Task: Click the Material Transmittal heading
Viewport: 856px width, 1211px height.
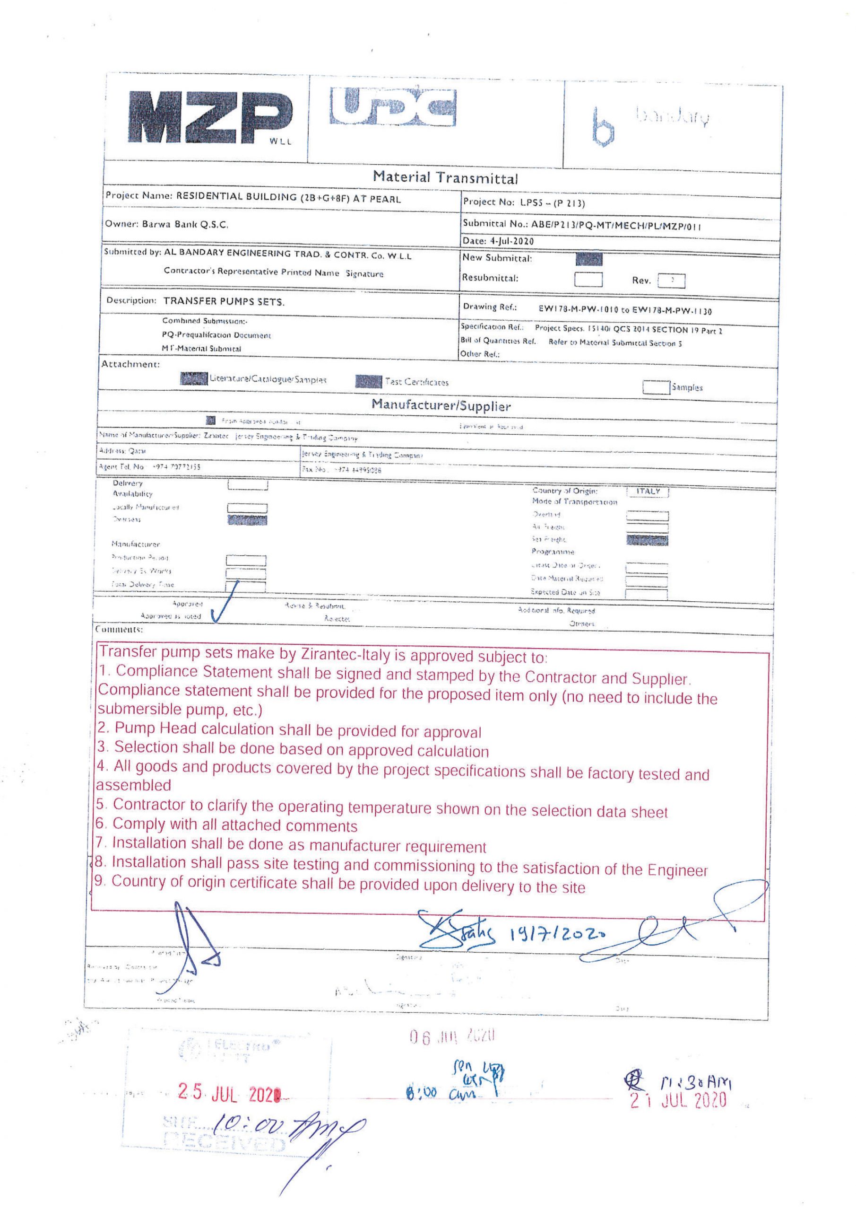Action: click(445, 177)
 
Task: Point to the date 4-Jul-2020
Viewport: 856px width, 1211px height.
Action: click(511, 241)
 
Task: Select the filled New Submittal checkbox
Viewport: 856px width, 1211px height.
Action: click(589, 259)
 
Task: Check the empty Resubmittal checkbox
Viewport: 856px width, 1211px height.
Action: click(588, 279)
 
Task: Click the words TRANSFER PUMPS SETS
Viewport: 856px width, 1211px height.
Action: click(224, 302)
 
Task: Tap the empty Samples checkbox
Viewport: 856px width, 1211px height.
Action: click(655, 387)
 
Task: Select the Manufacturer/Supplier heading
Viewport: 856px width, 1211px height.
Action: click(441, 405)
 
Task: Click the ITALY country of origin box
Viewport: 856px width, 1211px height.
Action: click(648, 491)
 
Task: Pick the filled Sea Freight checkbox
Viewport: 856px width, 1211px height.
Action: click(647, 540)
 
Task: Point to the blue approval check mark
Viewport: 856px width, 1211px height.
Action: click(225, 602)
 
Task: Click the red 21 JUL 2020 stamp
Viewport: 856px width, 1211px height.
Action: click(679, 1101)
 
